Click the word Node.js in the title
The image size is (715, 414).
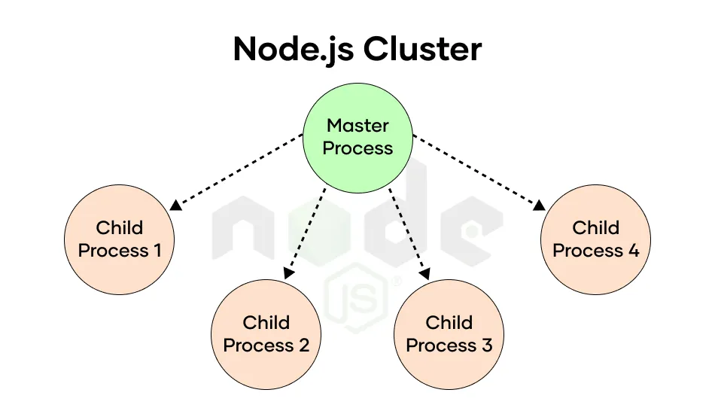[x=294, y=49]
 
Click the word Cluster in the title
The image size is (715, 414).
[x=422, y=49]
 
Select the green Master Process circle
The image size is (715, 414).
[x=358, y=138]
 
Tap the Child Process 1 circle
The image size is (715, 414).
[x=120, y=239]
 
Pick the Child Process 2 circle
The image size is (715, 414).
[x=266, y=334]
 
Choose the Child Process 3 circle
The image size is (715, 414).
[x=449, y=334]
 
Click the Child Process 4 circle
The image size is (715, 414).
[x=595, y=239]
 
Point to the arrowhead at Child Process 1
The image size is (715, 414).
[x=175, y=205]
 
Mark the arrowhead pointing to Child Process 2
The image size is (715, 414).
[x=289, y=273]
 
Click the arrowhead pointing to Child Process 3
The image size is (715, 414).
[x=425, y=273]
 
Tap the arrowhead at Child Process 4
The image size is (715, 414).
[x=539, y=205]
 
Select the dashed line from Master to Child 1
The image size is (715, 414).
[x=240, y=169]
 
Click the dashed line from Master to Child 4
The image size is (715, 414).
[x=476, y=169]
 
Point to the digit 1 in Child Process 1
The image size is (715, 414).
[x=157, y=251]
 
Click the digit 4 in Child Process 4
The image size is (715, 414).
[x=634, y=251]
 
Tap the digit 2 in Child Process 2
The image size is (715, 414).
[x=304, y=346]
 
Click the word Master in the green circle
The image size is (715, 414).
[x=358, y=126]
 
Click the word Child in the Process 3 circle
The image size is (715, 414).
[x=449, y=322]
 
